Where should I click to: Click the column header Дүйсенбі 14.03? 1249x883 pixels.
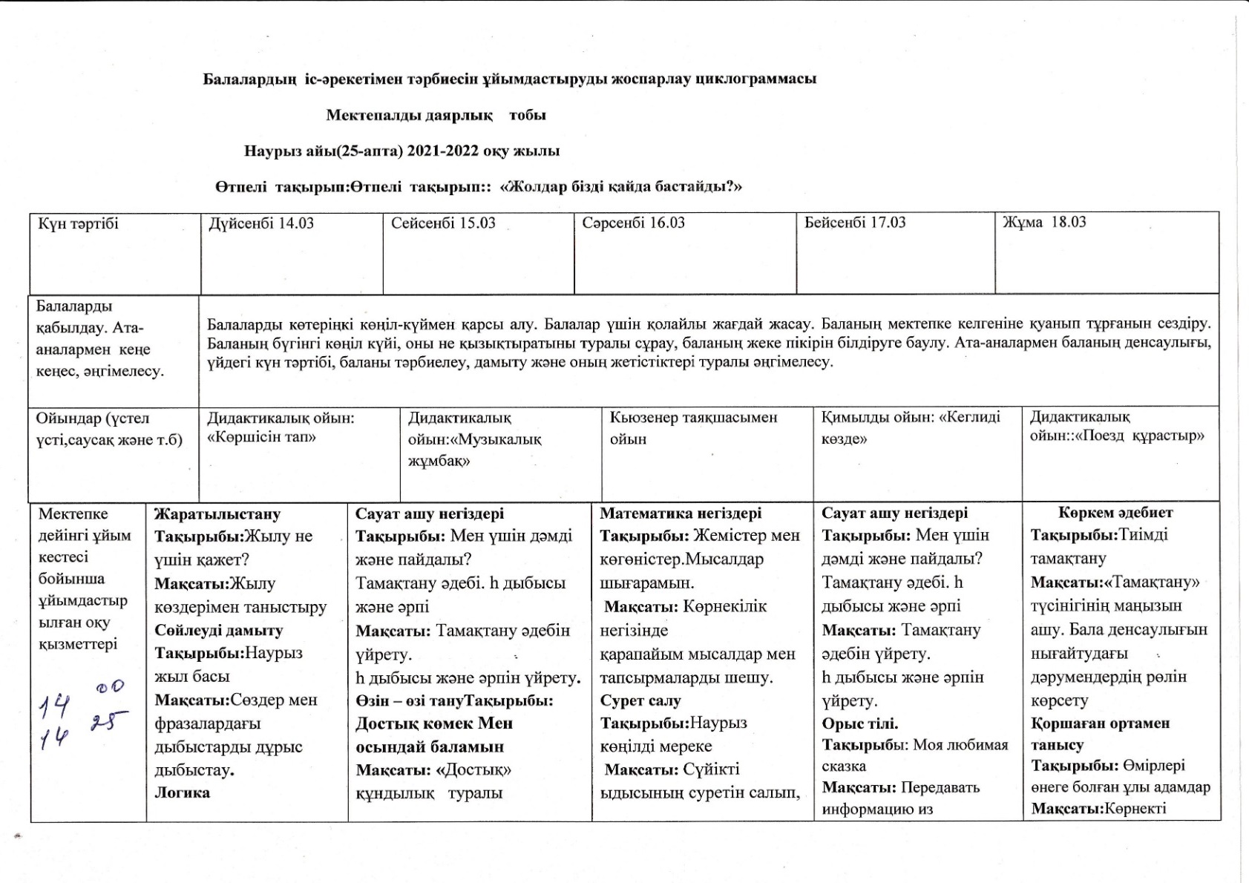pyautogui.click(x=261, y=223)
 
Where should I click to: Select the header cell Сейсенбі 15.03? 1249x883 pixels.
pyautogui.click(x=443, y=223)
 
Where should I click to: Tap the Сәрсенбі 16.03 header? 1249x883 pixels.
pyautogui.click(x=633, y=223)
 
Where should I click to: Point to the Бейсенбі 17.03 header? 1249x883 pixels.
pyautogui.click(x=855, y=223)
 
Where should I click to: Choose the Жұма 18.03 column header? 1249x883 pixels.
pyautogui.click(x=1044, y=222)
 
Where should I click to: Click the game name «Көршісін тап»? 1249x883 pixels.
pyautogui.click(x=262, y=437)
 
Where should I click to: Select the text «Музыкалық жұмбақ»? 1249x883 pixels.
pyautogui.click(x=475, y=450)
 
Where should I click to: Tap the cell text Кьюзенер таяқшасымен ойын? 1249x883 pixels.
pyautogui.click(x=693, y=428)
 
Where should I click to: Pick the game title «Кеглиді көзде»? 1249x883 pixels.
pyautogui.click(x=911, y=428)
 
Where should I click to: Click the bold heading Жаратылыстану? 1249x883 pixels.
pyautogui.click(x=217, y=513)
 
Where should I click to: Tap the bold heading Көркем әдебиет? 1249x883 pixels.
pyautogui.click(x=1115, y=513)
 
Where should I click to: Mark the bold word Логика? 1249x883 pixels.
pyautogui.click(x=182, y=792)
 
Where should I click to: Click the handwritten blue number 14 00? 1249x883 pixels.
pyautogui.click(x=81, y=697)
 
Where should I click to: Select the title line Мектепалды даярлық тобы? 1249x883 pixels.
pyautogui.click(x=436, y=116)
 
